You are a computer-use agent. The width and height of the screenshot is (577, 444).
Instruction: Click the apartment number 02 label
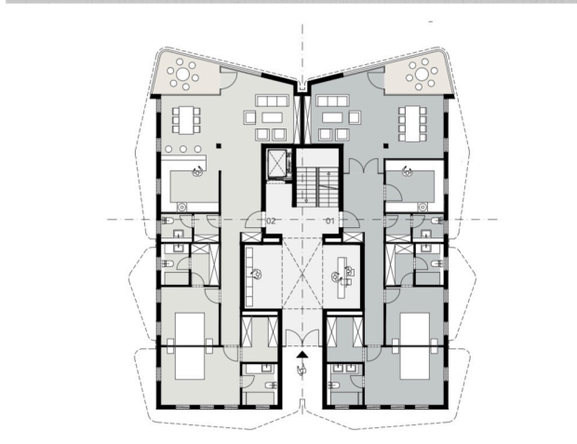[x=271, y=221]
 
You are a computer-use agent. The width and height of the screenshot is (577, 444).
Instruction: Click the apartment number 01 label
[x=330, y=221]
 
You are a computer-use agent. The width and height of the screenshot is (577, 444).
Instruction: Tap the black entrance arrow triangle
[x=302, y=355]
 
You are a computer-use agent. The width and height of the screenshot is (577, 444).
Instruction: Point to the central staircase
[x=317, y=185]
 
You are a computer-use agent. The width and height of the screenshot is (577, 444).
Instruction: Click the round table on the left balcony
[x=182, y=74]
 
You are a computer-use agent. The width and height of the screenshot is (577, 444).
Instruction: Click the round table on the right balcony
[x=422, y=74]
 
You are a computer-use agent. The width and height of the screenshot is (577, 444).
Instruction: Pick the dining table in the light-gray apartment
[x=186, y=120]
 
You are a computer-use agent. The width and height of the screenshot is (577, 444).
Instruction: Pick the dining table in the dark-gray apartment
[x=412, y=124]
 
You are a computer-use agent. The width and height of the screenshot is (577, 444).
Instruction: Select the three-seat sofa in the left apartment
[x=273, y=101]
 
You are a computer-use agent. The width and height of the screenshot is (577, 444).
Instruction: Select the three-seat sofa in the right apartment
[x=332, y=101]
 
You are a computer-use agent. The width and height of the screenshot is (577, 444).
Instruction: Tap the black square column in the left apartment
[x=219, y=146]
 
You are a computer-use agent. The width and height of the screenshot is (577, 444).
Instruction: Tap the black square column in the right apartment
[x=386, y=146]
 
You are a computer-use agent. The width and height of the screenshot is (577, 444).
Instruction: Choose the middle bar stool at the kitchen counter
[x=183, y=149]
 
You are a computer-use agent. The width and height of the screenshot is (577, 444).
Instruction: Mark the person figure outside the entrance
[x=302, y=370]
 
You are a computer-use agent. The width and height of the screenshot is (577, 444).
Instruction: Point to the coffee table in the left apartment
[x=273, y=118]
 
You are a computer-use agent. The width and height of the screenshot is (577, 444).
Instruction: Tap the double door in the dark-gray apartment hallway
[x=363, y=166]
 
